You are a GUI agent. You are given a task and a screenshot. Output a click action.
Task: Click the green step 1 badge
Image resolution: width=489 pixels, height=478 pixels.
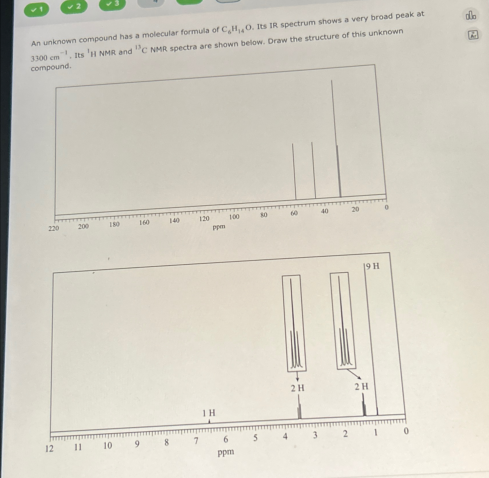(36, 10)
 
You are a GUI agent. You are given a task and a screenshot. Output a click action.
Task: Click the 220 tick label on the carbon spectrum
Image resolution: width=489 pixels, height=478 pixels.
(54, 228)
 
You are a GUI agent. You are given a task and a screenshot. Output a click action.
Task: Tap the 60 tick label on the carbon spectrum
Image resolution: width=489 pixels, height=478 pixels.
(294, 213)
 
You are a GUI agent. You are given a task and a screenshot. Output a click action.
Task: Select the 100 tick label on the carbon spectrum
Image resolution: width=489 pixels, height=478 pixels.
(234, 217)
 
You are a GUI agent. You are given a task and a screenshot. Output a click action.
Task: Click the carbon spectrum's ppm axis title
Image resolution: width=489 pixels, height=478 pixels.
(219, 227)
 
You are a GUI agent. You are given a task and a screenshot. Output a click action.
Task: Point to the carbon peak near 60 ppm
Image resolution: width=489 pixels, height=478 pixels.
(294, 171)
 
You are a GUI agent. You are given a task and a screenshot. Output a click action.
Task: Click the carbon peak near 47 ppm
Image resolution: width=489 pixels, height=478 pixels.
(314, 170)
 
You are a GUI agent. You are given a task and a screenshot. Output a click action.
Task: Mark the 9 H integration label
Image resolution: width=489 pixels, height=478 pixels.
(372, 266)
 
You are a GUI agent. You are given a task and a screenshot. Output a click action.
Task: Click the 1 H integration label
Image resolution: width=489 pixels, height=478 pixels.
(209, 413)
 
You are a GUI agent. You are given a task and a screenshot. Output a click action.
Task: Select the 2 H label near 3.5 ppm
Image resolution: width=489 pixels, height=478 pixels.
(297, 388)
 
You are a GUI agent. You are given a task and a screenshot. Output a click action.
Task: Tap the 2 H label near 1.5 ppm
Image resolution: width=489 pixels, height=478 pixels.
(361, 386)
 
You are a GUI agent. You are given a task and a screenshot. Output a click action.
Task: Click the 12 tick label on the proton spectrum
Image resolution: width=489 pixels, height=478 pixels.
(49, 448)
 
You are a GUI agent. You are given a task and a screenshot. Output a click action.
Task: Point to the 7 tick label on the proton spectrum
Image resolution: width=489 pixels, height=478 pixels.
(196, 441)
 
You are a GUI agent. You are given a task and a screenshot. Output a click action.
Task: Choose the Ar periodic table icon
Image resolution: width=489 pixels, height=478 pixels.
(473, 35)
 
